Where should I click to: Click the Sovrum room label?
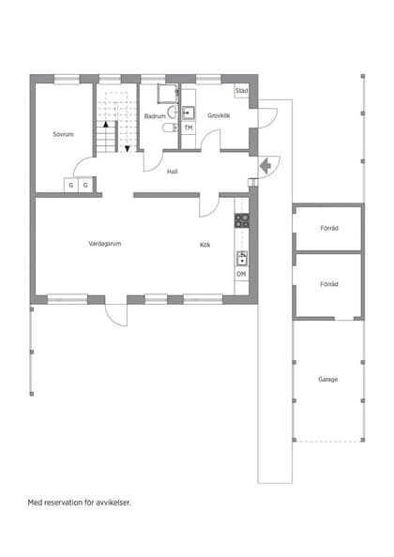[x=63, y=134]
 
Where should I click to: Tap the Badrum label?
[x=155, y=116]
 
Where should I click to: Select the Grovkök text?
[x=220, y=116]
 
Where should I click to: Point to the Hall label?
[x=173, y=172]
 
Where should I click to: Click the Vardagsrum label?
[x=105, y=244]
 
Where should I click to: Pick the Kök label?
[x=205, y=244]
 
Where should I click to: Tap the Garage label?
[x=327, y=379]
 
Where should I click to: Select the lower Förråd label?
[x=328, y=283]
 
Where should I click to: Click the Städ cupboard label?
[x=241, y=91]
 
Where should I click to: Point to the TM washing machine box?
[x=188, y=128]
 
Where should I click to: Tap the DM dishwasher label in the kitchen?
[x=241, y=274]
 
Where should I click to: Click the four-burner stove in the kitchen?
[x=241, y=221]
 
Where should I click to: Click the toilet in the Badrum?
[x=169, y=128]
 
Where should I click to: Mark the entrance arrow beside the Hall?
[x=265, y=166]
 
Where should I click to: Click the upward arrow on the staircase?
[x=106, y=124]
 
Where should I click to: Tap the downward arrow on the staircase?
[x=127, y=147]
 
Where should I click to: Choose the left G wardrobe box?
[x=70, y=186]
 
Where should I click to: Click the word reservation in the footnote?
[x=75, y=503]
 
